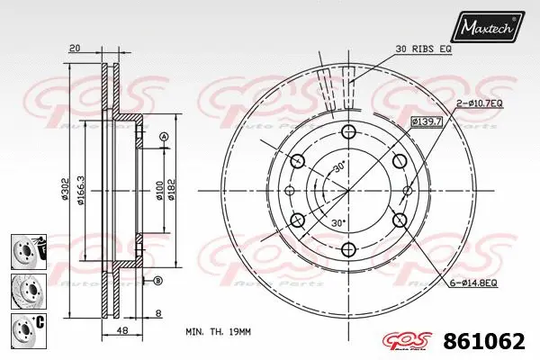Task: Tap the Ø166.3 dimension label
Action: pos(82,191)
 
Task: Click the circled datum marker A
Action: pos(163,137)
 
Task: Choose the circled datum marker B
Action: pos(158,281)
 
